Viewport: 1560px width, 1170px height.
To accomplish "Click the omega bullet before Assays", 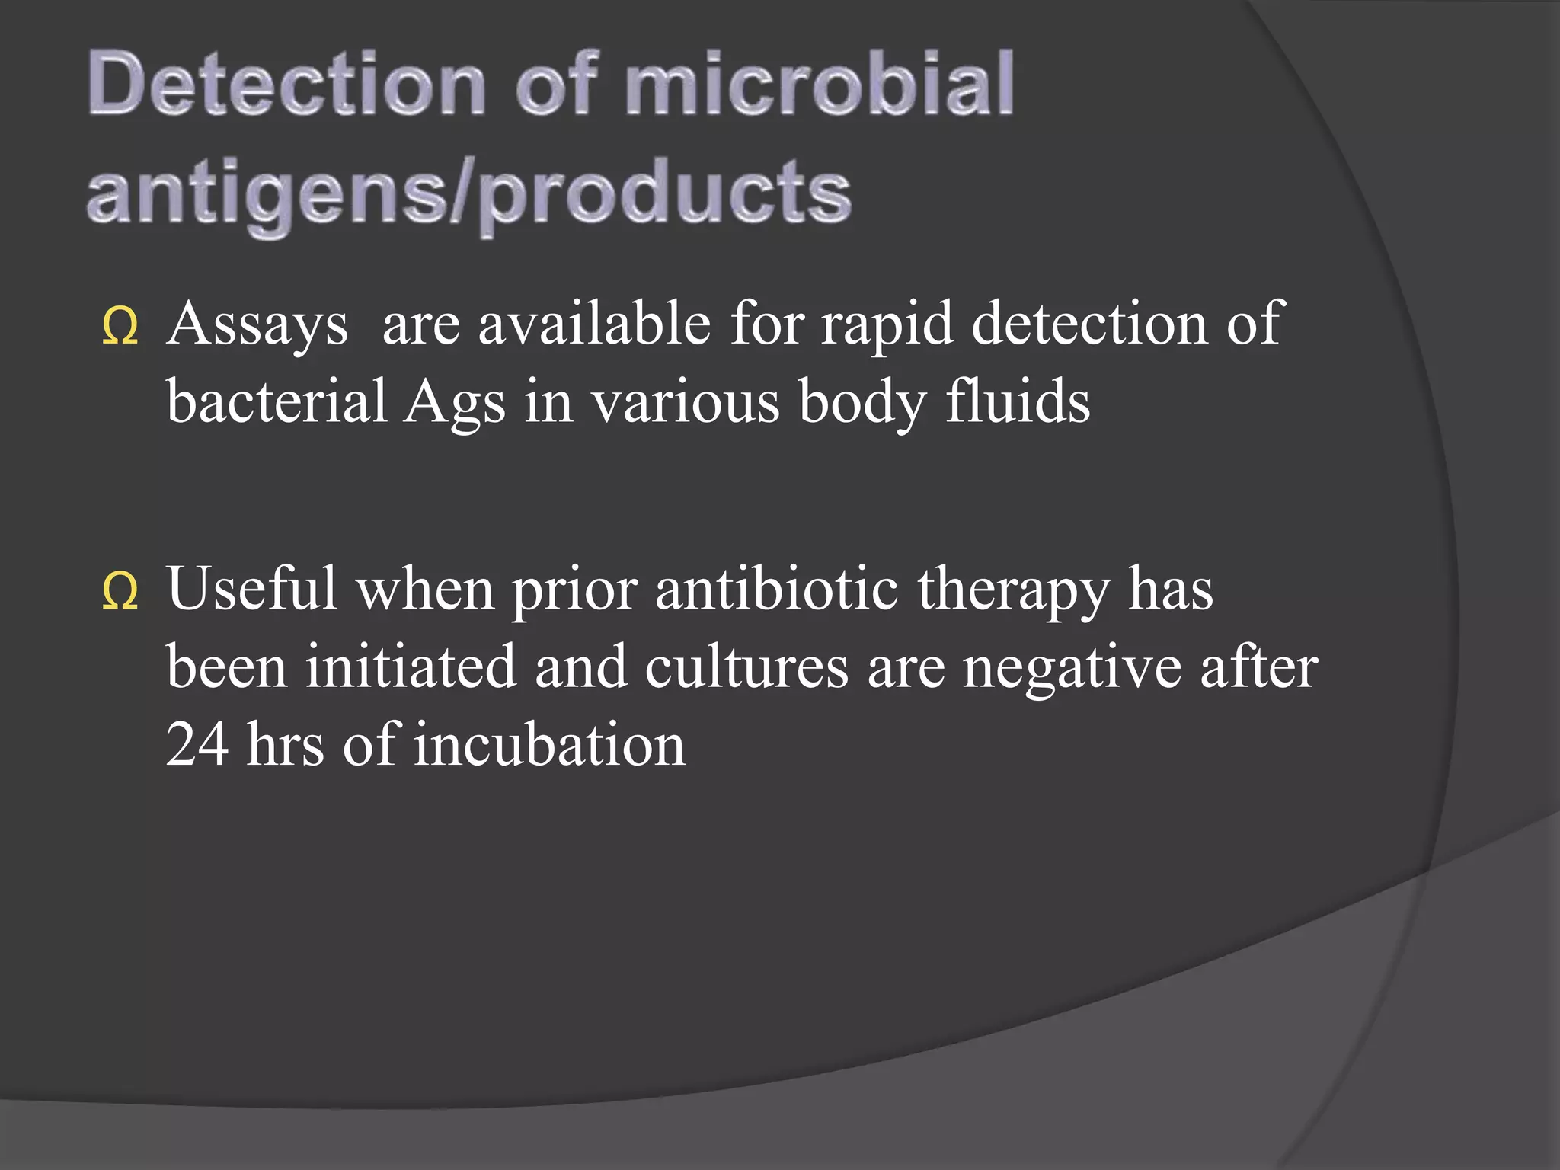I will click(120, 328).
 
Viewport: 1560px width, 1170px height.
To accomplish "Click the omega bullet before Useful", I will click(120, 593).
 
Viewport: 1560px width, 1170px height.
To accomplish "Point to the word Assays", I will click(257, 324).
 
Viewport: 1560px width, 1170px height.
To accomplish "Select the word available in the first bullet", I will click(595, 323).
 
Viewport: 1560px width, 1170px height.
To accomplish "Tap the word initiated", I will click(411, 666).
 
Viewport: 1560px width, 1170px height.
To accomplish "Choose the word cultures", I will click(746, 667).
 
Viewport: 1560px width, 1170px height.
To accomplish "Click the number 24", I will click(197, 743).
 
